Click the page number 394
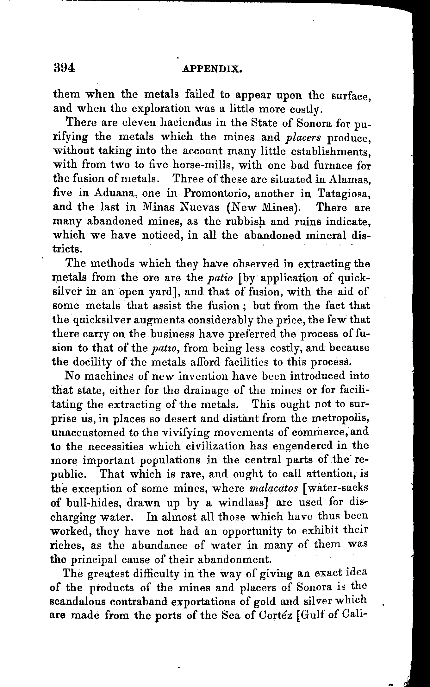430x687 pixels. [x=64, y=68]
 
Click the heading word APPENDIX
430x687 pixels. [x=213, y=69]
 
